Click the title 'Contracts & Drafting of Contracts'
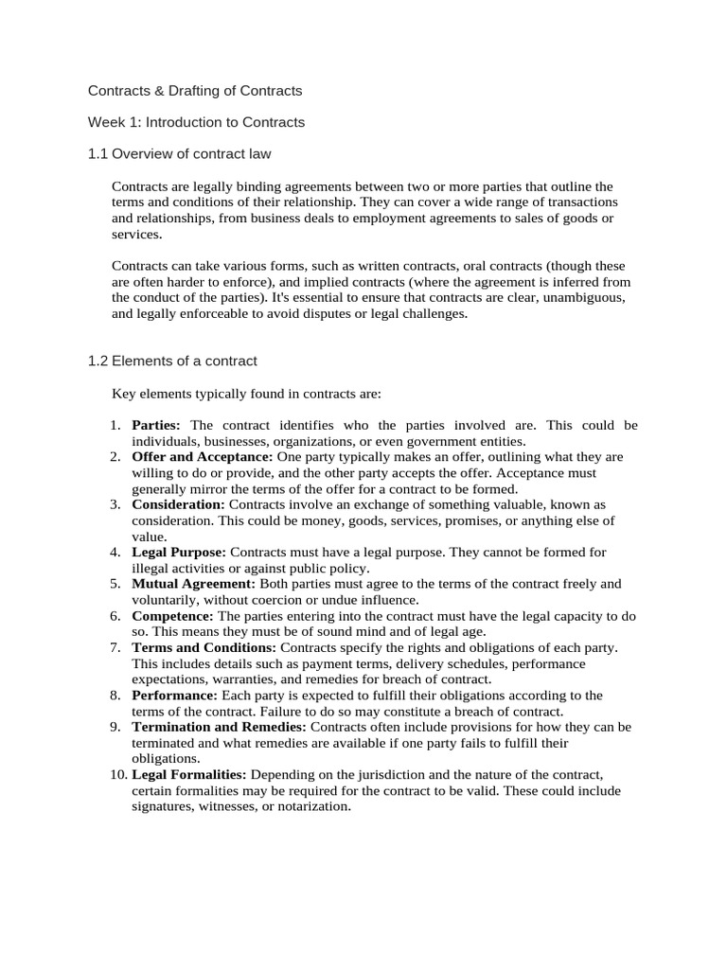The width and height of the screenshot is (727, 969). [x=195, y=91]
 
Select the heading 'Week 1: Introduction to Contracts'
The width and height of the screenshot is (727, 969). [x=196, y=122]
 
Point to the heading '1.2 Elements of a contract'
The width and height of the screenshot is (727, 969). [x=172, y=361]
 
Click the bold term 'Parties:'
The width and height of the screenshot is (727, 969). [x=156, y=425]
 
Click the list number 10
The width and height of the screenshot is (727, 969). [x=116, y=775]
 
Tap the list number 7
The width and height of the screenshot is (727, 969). [x=115, y=647]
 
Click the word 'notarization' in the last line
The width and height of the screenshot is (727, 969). [x=315, y=807]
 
